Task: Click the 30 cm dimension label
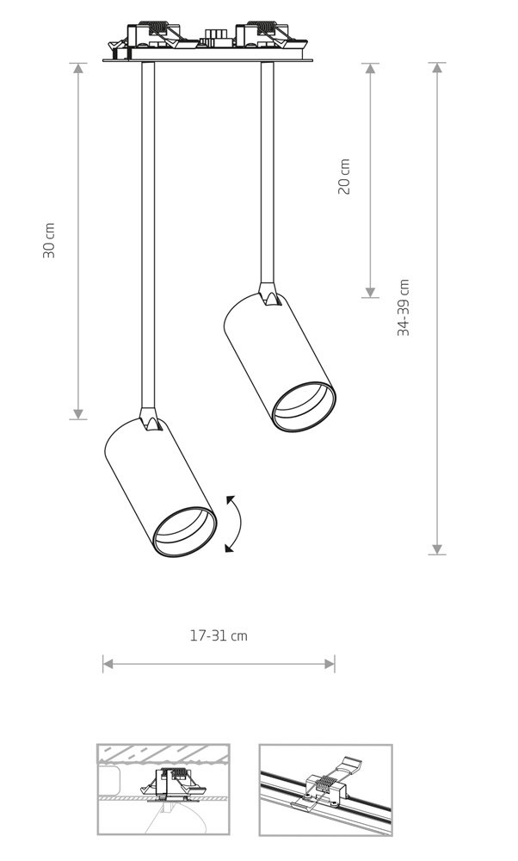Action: [x=49, y=240]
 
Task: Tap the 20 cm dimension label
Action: [x=343, y=177]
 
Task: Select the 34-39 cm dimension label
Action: [x=404, y=307]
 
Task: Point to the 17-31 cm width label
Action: [x=219, y=636]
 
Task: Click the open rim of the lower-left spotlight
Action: [x=185, y=531]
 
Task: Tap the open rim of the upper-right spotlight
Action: [x=304, y=407]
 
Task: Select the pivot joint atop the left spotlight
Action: [x=149, y=418]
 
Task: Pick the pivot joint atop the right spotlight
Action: [x=268, y=294]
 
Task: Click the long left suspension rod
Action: [x=148, y=235]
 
